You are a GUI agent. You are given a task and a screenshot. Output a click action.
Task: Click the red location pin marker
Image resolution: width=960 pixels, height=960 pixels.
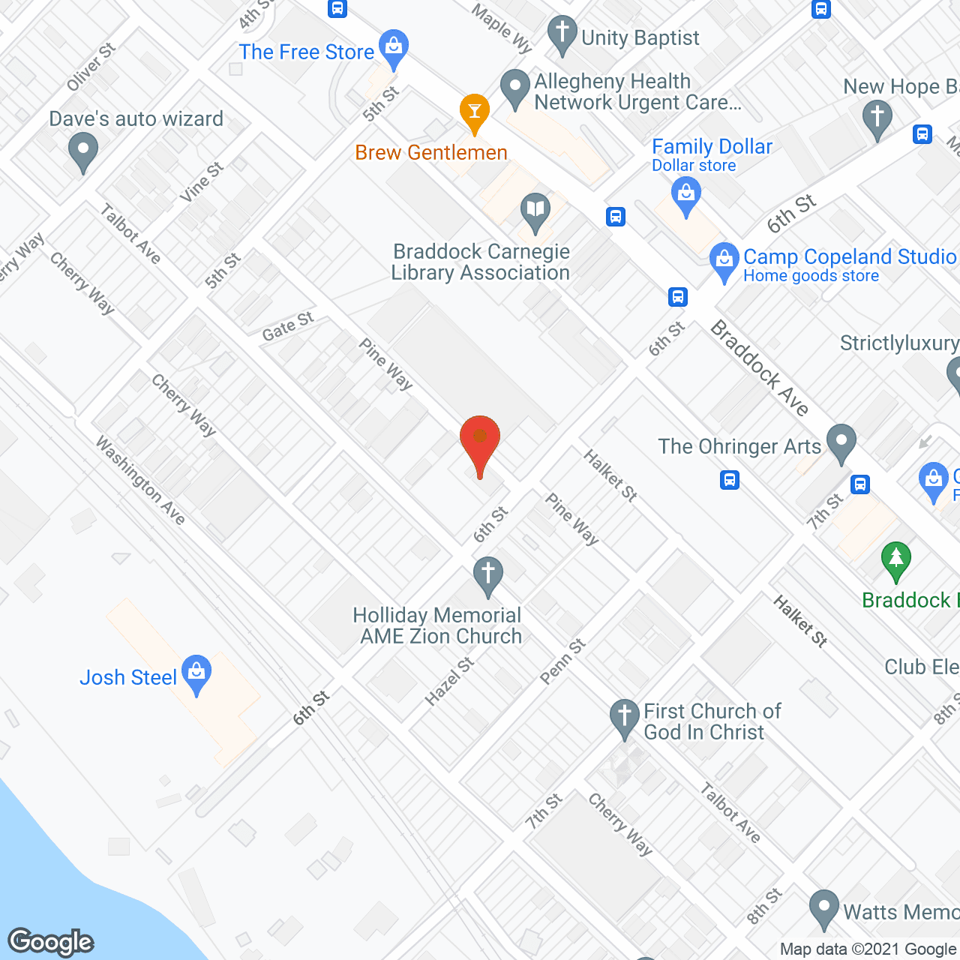coord(480,442)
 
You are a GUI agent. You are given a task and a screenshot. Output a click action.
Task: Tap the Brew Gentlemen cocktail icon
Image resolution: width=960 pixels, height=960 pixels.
coord(474,112)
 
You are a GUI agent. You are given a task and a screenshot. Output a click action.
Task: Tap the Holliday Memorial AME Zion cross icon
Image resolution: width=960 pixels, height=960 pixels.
coord(487,576)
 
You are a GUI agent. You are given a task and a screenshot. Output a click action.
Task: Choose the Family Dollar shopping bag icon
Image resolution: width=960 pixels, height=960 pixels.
coord(685,194)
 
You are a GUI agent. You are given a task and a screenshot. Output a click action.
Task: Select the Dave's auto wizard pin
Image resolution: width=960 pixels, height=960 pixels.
coord(83,151)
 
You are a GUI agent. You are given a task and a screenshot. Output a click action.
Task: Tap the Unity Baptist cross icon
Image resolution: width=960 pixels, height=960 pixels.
coord(562,34)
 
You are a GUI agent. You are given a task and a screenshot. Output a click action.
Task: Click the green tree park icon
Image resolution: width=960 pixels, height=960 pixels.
coord(895,560)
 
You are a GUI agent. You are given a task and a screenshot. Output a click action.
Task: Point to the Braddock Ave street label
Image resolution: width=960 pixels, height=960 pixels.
coord(760,367)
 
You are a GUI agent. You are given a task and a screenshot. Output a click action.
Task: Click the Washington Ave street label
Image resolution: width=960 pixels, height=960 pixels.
coord(140,480)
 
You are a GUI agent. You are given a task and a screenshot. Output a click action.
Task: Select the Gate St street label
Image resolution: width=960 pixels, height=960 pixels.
coord(288,326)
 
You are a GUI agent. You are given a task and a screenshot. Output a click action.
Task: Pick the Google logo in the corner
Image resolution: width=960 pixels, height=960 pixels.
coord(51,942)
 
